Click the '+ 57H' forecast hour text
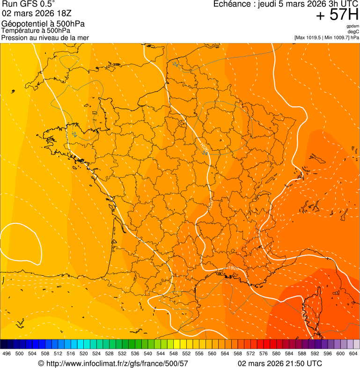coord(337,15)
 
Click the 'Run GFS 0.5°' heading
coord(29,4)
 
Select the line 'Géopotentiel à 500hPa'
coord(43,24)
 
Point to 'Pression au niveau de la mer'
coord(45,37)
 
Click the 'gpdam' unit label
coord(353,26)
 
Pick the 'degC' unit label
coord(354,31)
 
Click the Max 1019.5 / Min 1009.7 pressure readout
coord(327,37)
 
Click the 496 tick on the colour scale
coord(7,354)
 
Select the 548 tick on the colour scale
coord(173,354)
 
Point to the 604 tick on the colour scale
coord(353,354)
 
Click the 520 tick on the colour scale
coord(84,354)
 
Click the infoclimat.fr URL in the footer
coord(117,363)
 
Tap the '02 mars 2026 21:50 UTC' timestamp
coord(280,363)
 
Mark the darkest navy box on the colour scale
coord(4,344)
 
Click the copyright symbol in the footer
coord(41,363)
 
